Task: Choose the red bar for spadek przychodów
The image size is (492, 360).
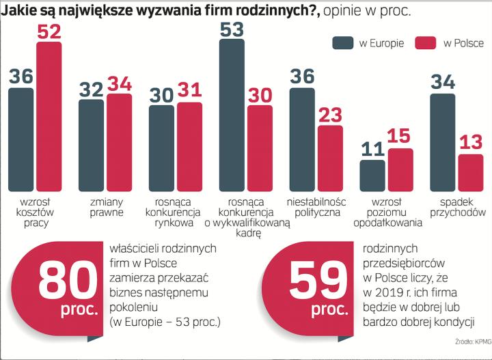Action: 470,172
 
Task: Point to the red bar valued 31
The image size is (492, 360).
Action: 189,146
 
